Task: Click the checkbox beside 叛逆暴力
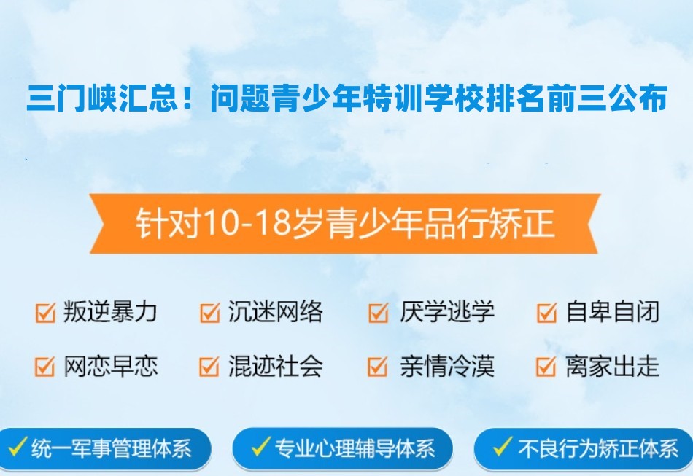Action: click(45, 313)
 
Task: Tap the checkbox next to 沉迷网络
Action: click(209, 313)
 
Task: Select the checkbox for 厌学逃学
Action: click(378, 313)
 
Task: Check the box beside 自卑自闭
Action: click(546, 313)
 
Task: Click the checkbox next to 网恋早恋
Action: click(45, 366)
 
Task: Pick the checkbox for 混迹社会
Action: click(209, 366)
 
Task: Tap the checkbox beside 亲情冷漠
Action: click(378, 366)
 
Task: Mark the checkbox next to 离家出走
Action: click(546, 366)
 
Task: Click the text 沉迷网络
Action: click(275, 313)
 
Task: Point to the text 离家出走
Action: click(612, 366)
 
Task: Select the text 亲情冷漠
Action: click(446, 366)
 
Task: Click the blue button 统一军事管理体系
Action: click(106, 448)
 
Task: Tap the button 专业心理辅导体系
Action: click(343, 448)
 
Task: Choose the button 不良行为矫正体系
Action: click(584, 448)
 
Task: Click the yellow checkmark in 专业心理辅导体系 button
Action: click(260, 447)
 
